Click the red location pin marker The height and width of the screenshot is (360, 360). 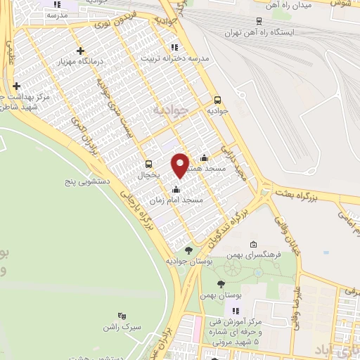181,165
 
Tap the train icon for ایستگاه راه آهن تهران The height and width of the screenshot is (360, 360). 259,21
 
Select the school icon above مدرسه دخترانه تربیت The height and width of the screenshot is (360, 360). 174,46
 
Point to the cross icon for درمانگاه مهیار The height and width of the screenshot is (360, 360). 82,51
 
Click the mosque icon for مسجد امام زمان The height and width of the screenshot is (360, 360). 176,189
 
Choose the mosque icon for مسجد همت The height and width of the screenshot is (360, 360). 204,157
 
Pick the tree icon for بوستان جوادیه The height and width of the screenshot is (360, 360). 188,250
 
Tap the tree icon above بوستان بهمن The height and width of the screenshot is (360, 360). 221,284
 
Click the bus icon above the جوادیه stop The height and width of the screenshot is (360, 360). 217,100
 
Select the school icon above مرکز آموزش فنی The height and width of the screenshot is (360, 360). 236,311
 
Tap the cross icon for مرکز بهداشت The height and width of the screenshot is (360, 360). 16,86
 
